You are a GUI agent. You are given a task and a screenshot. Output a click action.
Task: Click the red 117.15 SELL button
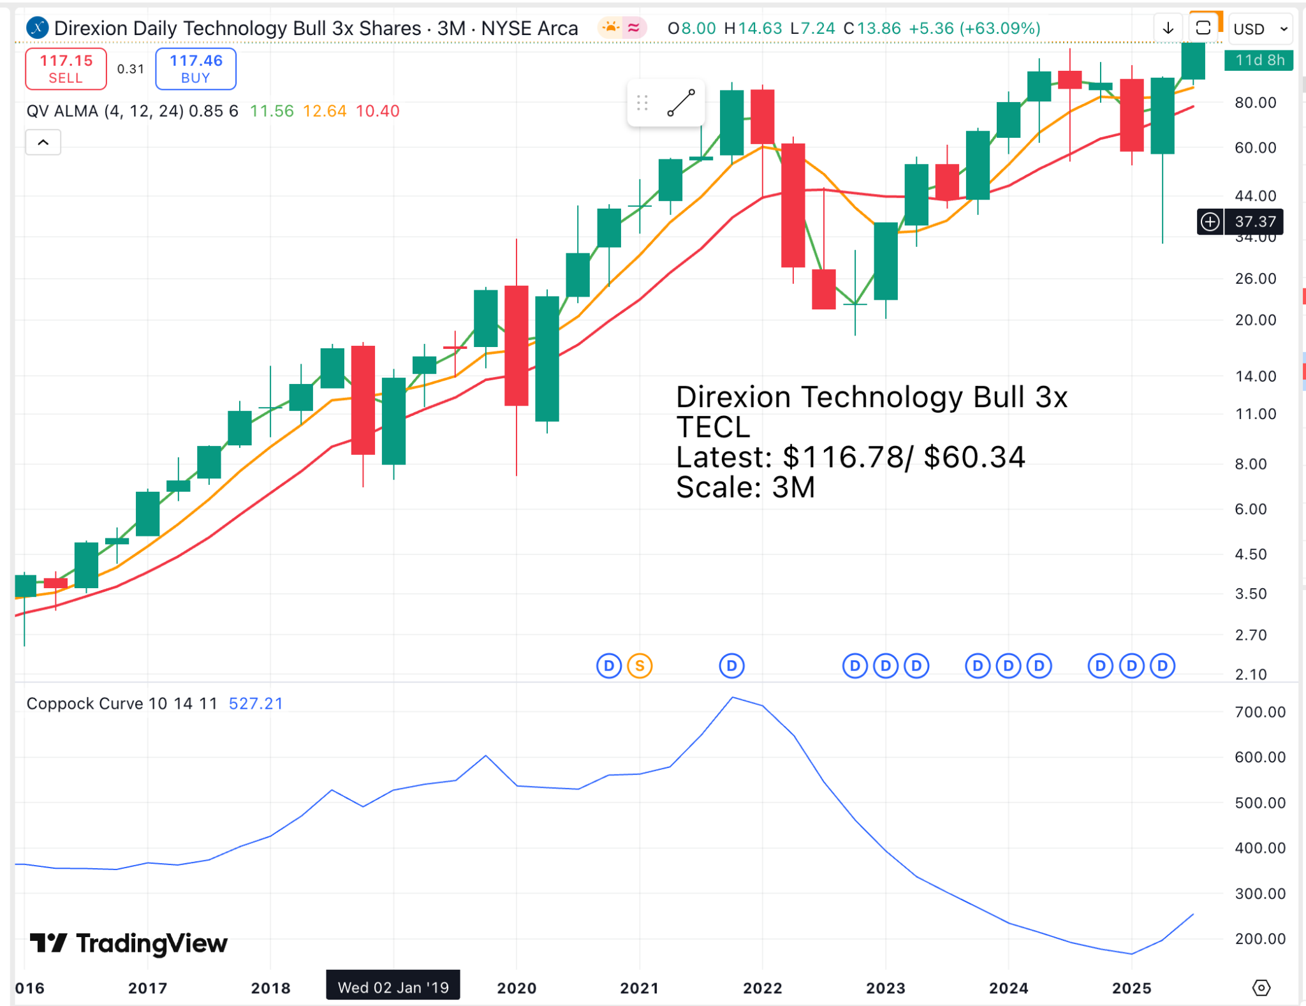coord(66,69)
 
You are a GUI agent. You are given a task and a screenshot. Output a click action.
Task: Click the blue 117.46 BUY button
coord(195,69)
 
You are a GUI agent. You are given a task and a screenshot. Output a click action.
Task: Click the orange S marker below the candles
coord(639,666)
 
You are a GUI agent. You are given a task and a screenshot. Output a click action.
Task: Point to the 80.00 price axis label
coord(1255,103)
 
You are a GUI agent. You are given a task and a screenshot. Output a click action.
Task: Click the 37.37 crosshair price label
coord(1255,222)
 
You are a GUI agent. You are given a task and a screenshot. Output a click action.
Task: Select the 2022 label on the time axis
coord(762,988)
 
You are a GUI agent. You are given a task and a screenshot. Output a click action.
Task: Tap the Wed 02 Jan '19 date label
coord(393,988)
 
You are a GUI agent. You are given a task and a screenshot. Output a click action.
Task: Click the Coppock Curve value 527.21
coord(256,704)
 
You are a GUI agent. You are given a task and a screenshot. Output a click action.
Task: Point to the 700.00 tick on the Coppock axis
coord(1259,712)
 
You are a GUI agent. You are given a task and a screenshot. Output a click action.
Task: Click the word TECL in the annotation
coord(713,427)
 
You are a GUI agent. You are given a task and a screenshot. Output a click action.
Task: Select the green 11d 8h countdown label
coord(1259,60)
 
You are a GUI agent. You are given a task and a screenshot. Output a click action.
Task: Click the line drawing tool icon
coord(680,103)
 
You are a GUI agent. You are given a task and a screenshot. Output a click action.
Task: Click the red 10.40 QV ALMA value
coord(378,111)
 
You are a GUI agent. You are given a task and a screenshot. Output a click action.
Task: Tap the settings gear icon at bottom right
coord(1261,988)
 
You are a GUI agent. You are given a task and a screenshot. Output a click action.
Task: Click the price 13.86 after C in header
coord(879,29)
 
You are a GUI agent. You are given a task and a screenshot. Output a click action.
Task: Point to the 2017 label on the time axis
coord(147,988)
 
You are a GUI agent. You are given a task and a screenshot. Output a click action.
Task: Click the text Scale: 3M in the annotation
coord(745,488)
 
